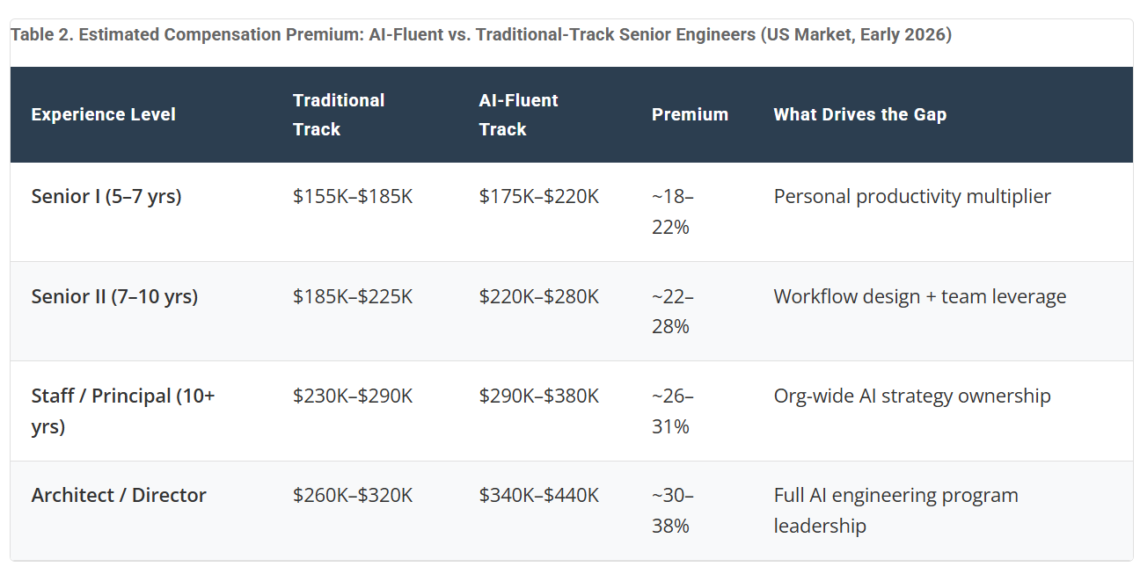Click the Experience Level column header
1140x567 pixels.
click(103, 114)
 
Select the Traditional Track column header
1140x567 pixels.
click(339, 114)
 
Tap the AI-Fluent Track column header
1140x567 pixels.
click(518, 114)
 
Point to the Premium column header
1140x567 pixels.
click(690, 114)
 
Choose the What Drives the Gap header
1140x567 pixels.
click(860, 114)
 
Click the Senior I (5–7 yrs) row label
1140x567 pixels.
click(106, 196)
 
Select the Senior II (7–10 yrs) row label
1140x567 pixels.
click(114, 296)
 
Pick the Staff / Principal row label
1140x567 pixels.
click(123, 411)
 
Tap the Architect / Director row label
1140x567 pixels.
click(119, 495)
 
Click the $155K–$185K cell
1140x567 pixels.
click(353, 196)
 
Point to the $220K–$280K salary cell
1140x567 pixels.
click(539, 296)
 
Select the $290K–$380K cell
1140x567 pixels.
click(539, 396)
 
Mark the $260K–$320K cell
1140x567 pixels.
click(353, 495)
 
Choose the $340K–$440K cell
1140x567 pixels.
click(539, 495)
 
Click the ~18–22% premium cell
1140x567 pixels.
click(672, 212)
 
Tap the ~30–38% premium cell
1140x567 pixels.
click(672, 511)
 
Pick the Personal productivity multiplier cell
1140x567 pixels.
click(912, 197)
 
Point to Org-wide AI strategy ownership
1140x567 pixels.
click(912, 396)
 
